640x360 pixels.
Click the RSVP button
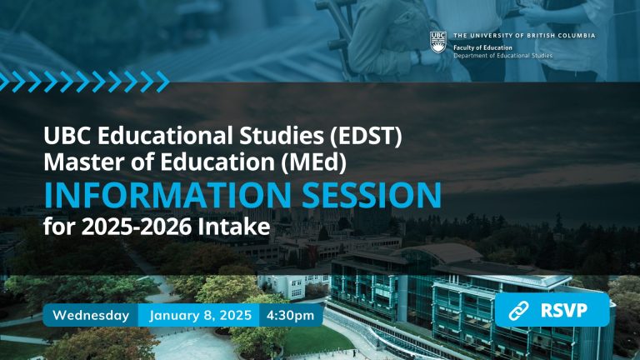coord(552,310)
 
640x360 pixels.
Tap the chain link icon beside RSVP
coord(518,311)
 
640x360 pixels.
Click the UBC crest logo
coord(438,42)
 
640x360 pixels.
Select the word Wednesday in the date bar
coord(91,315)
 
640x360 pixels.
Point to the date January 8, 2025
coord(200,315)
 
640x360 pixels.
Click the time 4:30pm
coord(290,315)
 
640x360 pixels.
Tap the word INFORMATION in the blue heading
coord(167,195)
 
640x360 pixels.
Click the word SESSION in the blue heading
coord(372,195)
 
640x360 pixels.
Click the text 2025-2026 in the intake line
coord(137,227)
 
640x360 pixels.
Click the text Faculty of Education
coord(482,47)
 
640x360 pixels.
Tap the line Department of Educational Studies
coord(502,56)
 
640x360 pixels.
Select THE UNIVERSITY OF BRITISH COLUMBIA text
coord(524,36)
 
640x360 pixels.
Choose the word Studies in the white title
coord(282,136)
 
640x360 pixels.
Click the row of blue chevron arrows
coord(84,81)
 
